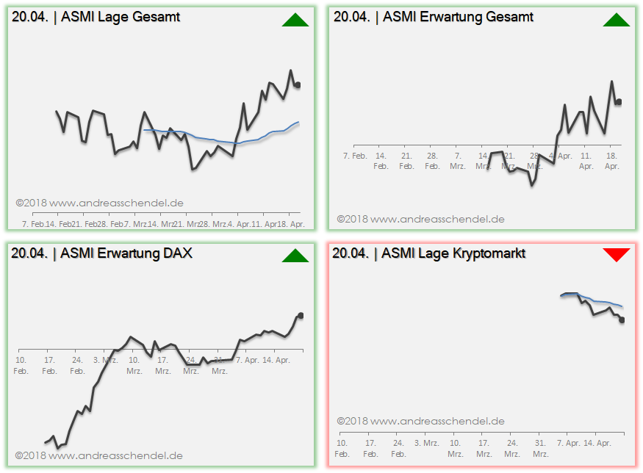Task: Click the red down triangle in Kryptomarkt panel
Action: tap(617, 254)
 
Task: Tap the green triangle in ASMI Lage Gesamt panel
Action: tap(295, 20)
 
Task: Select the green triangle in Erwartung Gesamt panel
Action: tap(617, 20)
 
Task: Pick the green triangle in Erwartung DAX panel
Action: tap(295, 256)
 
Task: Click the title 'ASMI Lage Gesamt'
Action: tap(121, 16)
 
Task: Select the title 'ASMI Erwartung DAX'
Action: tap(126, 253)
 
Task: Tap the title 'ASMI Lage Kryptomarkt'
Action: tap(453, 253)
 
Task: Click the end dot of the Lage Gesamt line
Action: tap(298, 85)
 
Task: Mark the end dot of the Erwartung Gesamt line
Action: tap(619, 102)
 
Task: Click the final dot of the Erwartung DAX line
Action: tap(301, 315)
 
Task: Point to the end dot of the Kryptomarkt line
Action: tap(622, 319)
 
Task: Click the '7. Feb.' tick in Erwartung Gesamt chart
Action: tap(355, 156)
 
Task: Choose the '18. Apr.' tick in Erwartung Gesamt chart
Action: tap(611, 161)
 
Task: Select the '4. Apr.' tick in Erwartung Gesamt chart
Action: tap(561, 156)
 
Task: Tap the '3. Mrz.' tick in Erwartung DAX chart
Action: tap(106, 360)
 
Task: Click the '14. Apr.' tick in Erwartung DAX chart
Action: tap(278, 360)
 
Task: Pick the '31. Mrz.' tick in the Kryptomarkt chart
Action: tap(540, 448)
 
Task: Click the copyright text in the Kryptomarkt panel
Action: tap(420, 422)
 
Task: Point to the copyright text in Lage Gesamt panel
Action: tap(99, 203)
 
